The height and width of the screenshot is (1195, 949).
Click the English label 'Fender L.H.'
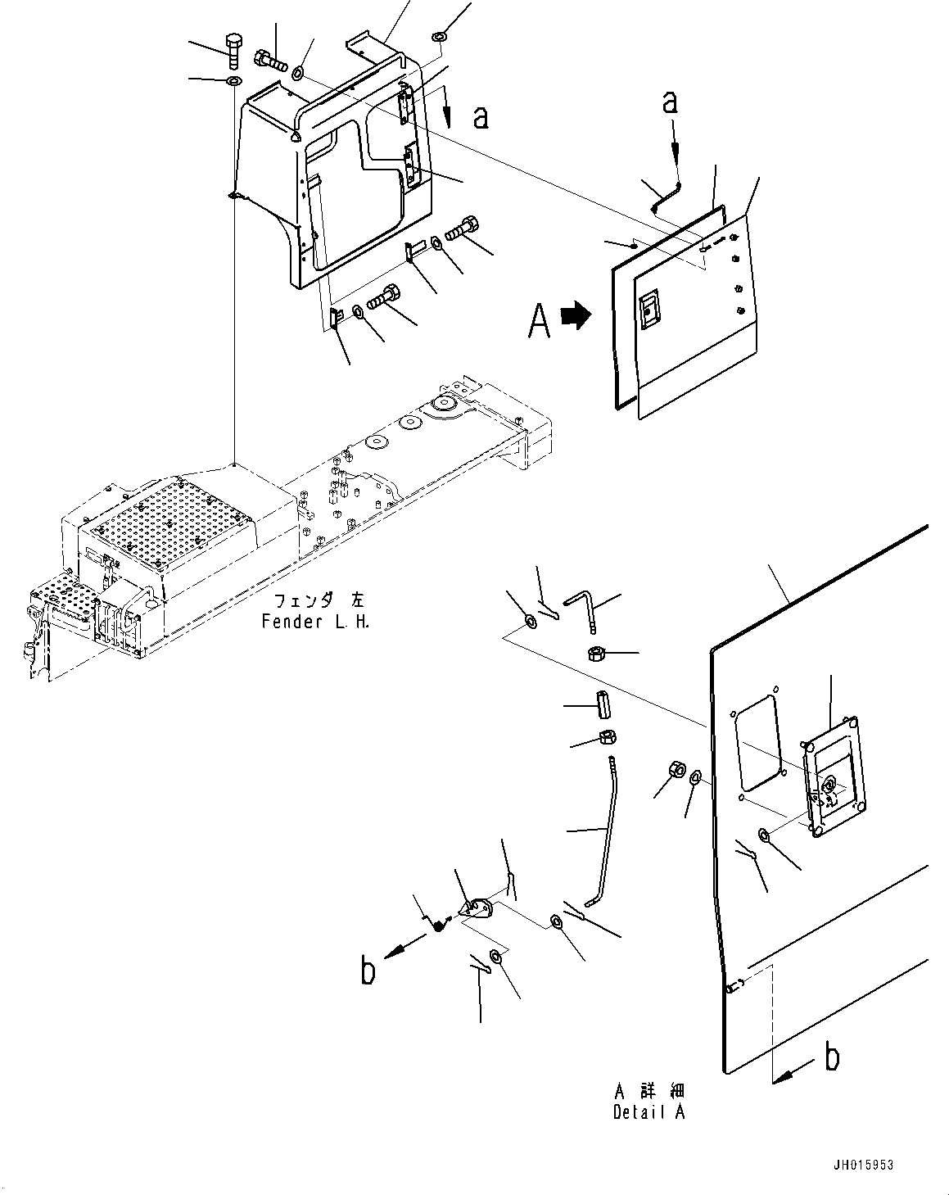point(315,622)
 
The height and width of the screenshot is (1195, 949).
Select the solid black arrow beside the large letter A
point(576,316)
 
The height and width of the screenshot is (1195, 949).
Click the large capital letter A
point(539,321)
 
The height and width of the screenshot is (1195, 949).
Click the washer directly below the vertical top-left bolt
point(234,82)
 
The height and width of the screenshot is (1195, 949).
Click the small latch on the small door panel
point(648,309)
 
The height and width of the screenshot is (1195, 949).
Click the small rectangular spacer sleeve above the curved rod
point(603,705)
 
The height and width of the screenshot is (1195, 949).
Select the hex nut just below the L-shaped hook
point(596,653)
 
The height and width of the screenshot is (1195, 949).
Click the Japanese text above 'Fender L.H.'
point(319,600)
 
